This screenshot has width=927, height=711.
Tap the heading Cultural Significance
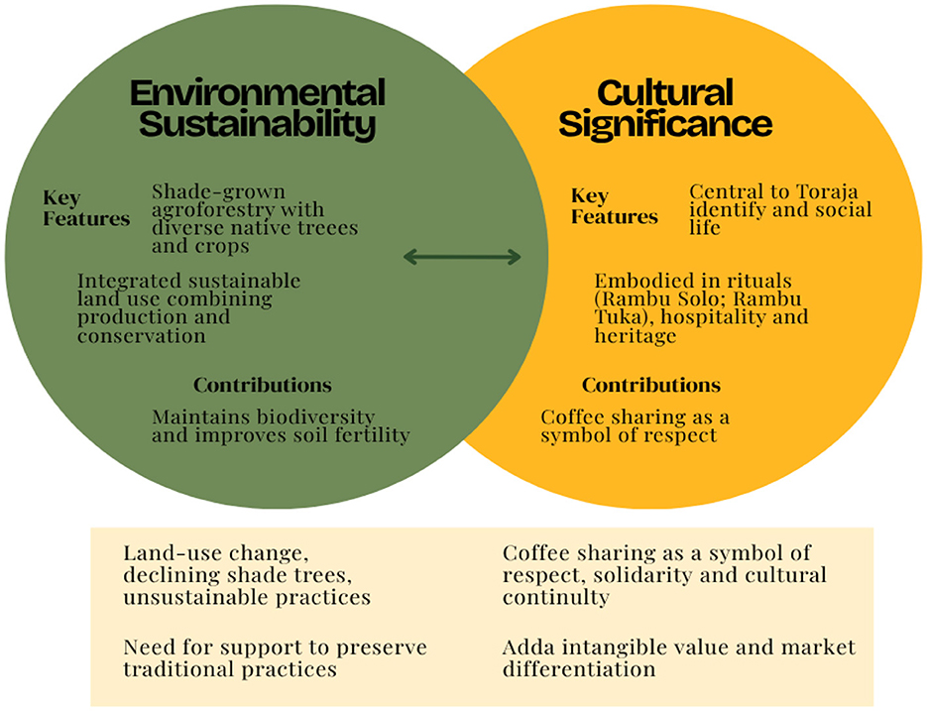tap(665, 109)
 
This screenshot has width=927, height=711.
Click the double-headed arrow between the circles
tap(462, 257)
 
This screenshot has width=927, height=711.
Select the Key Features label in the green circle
tap(86, 208)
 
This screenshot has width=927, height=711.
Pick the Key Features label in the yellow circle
tap(615, 206)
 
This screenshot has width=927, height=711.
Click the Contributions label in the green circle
tap(262, 385)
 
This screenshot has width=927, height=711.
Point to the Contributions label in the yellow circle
tap(650, 385)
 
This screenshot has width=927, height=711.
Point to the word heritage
tap(636, 336)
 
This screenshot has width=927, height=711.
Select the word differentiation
tap(579, 669)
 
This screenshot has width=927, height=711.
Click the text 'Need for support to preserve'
tap(275, 648)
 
